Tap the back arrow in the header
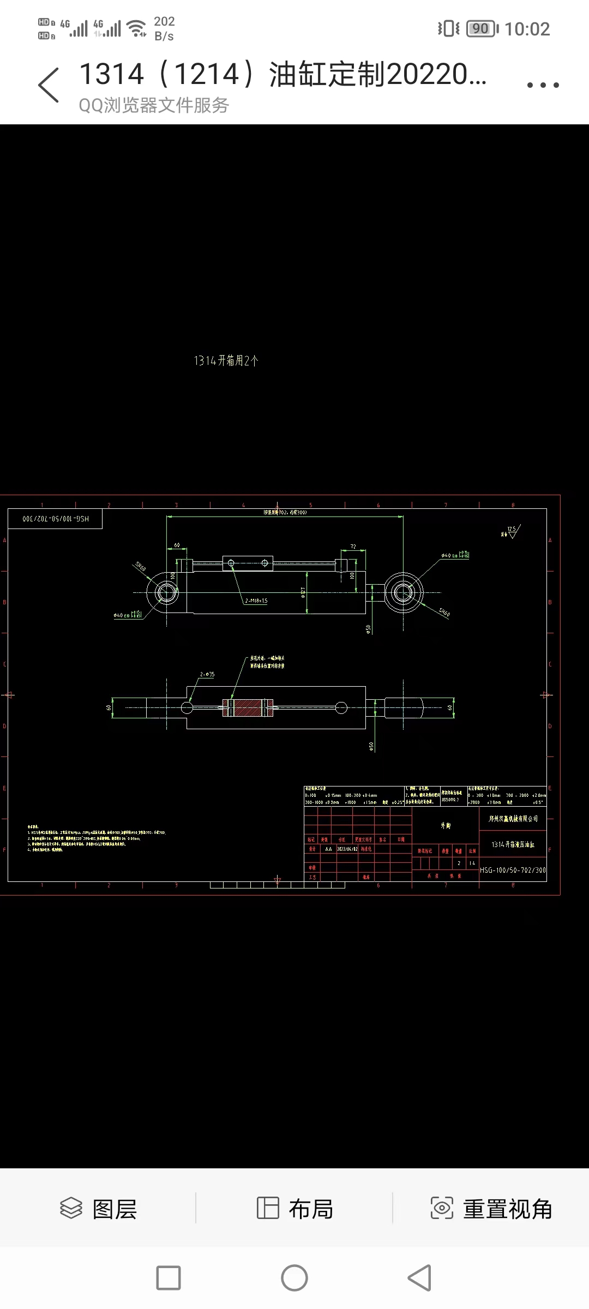pos(49,85)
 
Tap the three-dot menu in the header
pos(543,85)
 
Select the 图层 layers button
pos(98,1209)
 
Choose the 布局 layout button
pos(294,1209)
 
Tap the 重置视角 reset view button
pos(491,1209)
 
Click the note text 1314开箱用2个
pos(226,361)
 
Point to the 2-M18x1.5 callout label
pos(256,601)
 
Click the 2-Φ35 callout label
pos(207,675)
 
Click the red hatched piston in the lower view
pos(248,708)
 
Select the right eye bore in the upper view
pos(403,592)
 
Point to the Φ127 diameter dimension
pos(303,592)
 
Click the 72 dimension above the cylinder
pos(353,547)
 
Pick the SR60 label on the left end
pos(140,567)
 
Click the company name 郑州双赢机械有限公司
pos(513,819)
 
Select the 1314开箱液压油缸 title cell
pos(513,844)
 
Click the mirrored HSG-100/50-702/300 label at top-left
pos(55,519)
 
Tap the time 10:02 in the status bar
pos(527,29)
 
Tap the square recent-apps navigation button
pos(169,1277)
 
